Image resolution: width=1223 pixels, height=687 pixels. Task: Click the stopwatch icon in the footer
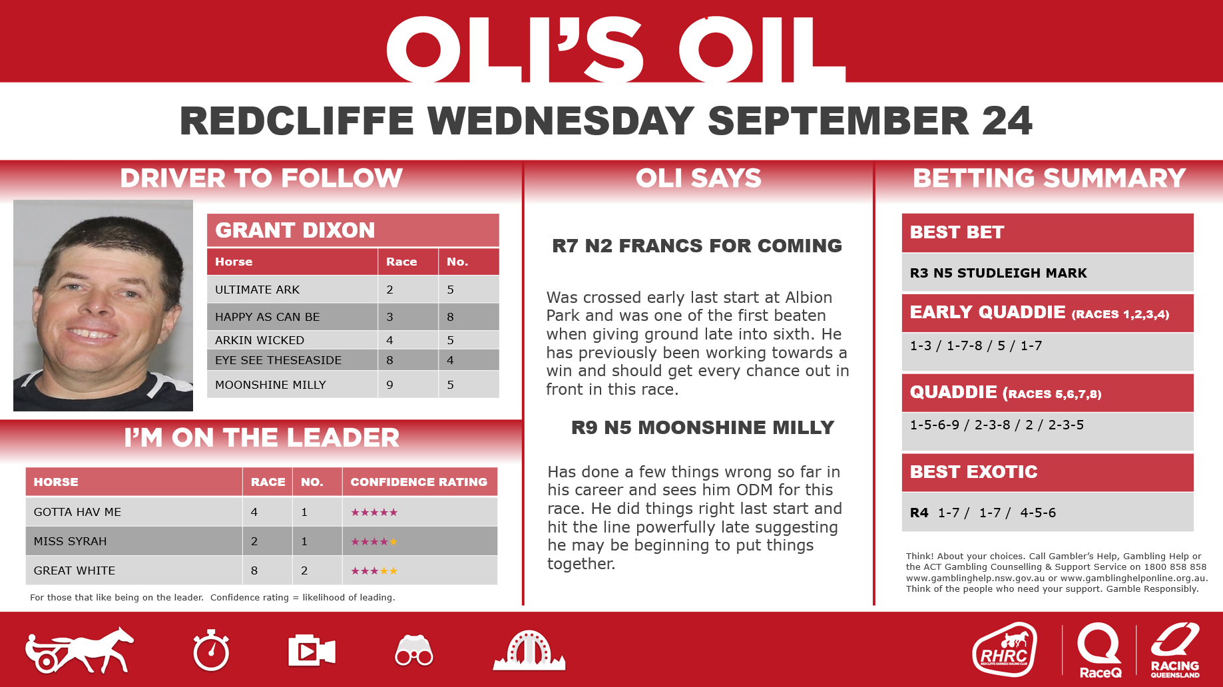click(x=211, y=650)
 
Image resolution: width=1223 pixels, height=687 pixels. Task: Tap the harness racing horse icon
click(x=79, y=650)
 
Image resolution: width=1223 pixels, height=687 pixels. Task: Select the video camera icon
click(x=312, y=650)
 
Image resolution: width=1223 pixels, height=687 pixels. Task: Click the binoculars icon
click(x=414, y=650)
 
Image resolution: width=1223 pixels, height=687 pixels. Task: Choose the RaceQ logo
click(x=1100, y=651)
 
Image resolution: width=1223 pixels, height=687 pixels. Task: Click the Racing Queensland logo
click(x=1175, y=650)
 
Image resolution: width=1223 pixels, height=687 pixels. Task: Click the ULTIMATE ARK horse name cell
click(x=258, y=290)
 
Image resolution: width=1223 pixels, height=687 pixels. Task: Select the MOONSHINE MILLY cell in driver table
click(x=270, y=385)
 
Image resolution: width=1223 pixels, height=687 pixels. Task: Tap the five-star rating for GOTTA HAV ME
click(x=374, y=512)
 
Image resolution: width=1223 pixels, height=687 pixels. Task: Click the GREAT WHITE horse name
click(x=75, y=571)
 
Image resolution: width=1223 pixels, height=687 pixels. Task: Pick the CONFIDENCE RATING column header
click(x=419, y=482)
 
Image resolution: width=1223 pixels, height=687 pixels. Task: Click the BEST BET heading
click(x=957, y=232)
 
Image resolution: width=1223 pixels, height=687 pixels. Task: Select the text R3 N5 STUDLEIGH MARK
click(x=998, y=273)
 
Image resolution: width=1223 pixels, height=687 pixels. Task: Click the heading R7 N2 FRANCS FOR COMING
click(x=697, y=246)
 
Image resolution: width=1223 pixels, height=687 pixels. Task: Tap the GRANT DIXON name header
click(x=295, y=230)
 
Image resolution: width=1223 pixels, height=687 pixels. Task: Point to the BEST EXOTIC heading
click(x=973, y=472)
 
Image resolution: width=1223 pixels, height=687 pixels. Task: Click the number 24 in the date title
click(x=1007, y=120)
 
